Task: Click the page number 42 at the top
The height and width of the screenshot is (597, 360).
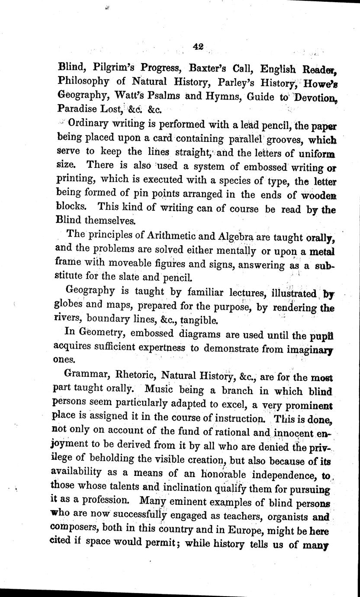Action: [199, 48]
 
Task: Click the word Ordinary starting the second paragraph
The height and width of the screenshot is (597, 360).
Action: [89, 123]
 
